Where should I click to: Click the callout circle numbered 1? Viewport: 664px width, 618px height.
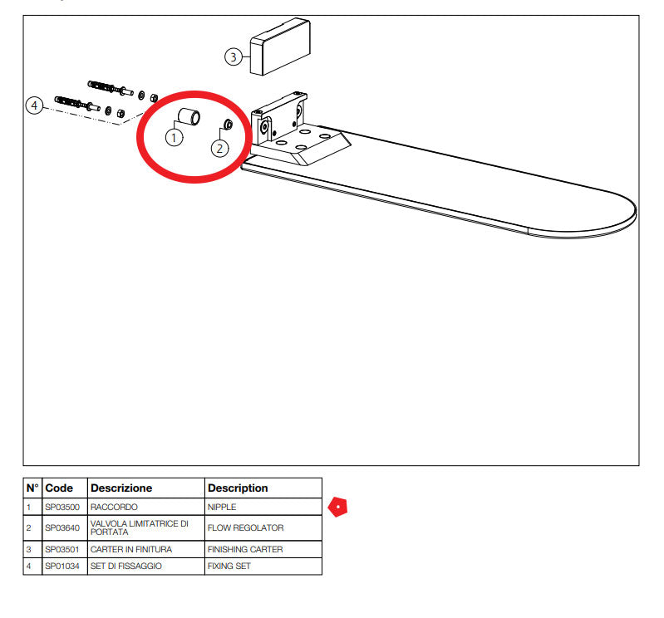coord(174,138)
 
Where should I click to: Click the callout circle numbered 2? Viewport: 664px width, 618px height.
coord(219,149)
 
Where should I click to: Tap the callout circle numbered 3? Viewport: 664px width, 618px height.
coord(234,56)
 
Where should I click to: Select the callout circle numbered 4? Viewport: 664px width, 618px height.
coord(34,105)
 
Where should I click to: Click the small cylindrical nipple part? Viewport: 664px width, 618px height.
coord(189,117)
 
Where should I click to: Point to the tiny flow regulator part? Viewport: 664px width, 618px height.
coord(228,124)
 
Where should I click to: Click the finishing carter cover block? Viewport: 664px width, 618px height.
coord(280,47)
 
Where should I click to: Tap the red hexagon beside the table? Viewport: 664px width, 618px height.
coord(338,507)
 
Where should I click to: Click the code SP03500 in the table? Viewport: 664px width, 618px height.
coord(62,507)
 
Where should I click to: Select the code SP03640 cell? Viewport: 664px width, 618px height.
coord(62,527)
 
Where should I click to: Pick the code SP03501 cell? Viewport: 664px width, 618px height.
coord(62,549)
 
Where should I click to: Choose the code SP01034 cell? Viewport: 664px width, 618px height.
coord(62,566)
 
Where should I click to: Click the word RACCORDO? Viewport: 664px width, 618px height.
coord(114,507)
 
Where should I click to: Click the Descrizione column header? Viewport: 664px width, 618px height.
coord(121,488)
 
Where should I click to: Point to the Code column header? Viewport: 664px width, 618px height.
coord(59,488)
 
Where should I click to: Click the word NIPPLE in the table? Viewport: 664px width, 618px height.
coord(222,507)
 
